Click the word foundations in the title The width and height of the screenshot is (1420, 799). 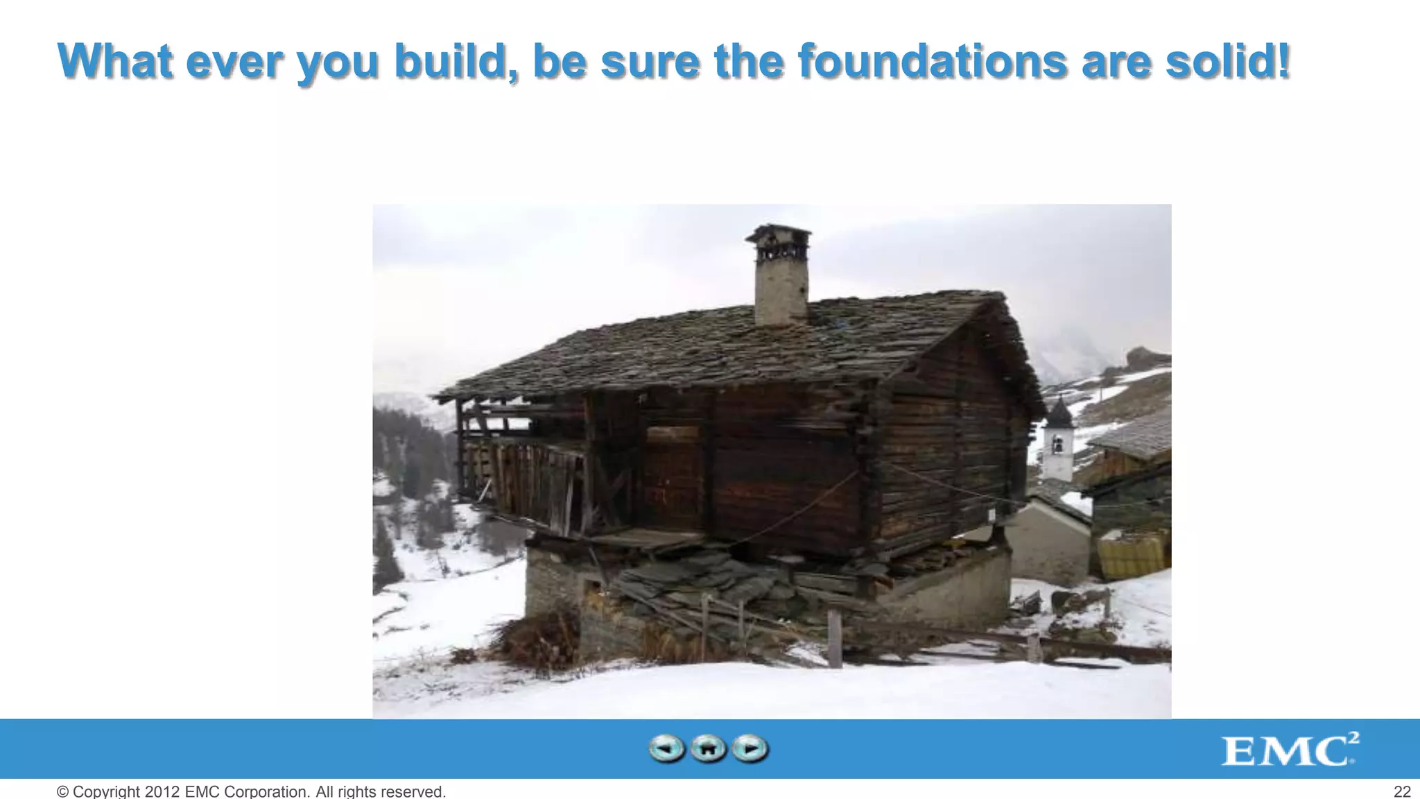point(931,61)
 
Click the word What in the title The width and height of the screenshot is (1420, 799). point(115,61)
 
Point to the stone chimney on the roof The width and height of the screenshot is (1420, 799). point(780,277)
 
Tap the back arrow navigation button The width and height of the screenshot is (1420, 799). point(666,749)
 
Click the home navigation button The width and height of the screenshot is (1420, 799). point(709,749)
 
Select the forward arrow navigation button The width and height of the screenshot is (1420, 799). point(751,749)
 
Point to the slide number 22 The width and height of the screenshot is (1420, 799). point(1402,791)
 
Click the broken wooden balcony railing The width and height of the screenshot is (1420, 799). point(527,479)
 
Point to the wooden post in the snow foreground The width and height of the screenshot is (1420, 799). point(835,638)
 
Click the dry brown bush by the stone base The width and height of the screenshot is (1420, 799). point(541,638)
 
